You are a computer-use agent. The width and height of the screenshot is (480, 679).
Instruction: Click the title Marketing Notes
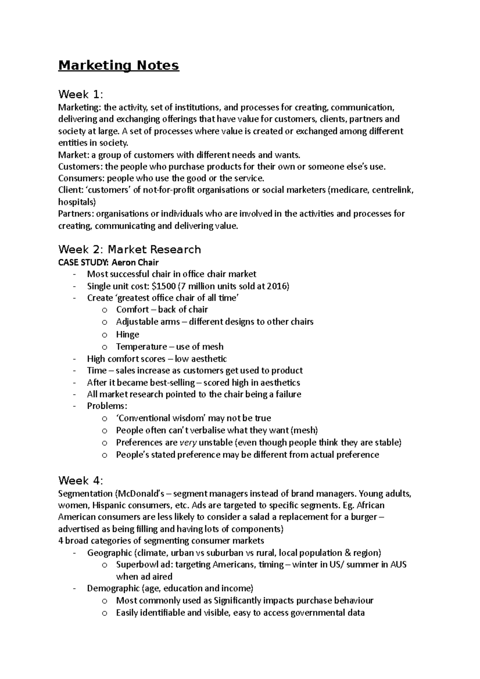click(118, 65)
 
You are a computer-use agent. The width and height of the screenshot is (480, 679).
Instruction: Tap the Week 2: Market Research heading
click(129, 250)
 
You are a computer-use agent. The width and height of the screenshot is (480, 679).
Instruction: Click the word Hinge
click(127, 335)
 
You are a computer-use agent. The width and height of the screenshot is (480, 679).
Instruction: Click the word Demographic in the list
click(113, 589)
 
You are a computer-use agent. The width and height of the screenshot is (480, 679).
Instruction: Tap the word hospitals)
click(77, 202)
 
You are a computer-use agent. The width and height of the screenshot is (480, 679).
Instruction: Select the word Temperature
click(141, 347)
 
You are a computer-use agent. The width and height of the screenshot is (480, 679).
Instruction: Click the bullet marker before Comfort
click(104, 310)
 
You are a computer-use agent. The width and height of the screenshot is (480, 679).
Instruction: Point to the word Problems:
click(107, 406)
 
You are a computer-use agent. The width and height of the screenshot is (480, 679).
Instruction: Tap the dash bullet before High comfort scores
click(75, 359)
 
